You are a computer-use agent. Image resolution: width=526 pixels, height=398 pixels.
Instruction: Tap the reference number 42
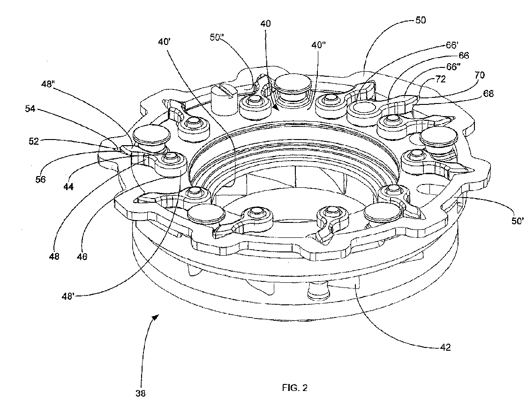[445, 347]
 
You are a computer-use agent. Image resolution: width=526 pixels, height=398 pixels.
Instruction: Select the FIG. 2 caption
[295, 388]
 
